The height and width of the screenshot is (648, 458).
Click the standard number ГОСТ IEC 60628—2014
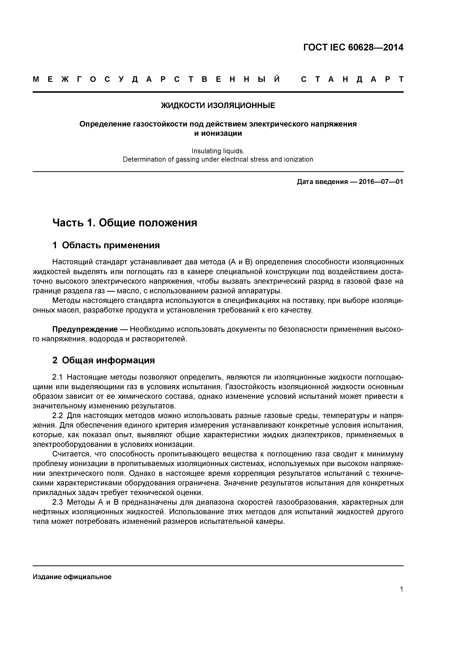pyautogui.click(x=353, y=47)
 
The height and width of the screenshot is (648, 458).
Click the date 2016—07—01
pyautogui.click(x=381, y=182)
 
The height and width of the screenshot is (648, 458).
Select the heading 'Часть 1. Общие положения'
pyautogui.click(x=125, y=223)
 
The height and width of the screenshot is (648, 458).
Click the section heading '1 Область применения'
pyautogui.click(x=106, y=245)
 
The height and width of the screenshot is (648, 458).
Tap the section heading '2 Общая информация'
pyautogui.click(x=104, y=360)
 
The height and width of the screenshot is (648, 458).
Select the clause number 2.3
pyautogui.click(x=59, y=502)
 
